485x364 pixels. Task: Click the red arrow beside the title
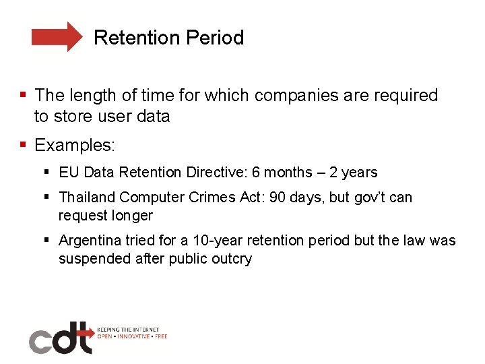point(57,37)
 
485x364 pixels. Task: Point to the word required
point(406,96)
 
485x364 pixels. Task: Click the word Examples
point(75,145)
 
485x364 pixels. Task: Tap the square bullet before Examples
point(24,145)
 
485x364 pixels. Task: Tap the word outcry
point(229,259)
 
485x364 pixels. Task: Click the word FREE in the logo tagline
point(160,336)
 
